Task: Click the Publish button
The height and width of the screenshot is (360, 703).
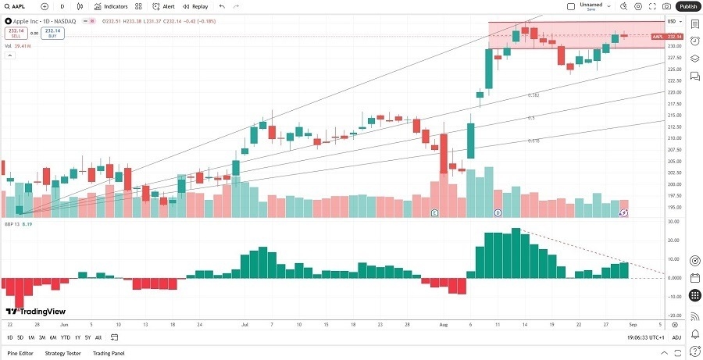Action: pos(688,6)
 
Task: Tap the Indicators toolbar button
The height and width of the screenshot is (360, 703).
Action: pos(111,6)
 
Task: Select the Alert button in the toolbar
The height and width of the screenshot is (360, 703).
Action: pos(164,6)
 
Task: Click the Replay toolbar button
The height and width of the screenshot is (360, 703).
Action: pos(196,6)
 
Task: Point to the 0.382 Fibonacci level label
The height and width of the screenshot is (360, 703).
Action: pos(533,95)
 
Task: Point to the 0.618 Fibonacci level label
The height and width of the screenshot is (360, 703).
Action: pos(533,141)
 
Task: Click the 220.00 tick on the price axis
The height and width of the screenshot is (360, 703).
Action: pos(673,92)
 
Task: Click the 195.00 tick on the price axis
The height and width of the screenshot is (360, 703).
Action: pos(673,208)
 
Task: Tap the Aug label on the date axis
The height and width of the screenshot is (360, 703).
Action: pos(444,323)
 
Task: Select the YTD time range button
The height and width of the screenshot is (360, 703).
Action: pos(65,337)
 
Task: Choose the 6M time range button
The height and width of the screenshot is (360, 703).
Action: pos(52,337)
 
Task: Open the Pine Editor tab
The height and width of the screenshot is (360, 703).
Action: pos(20,353)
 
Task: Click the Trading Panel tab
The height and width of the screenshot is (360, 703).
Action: pos(109,353)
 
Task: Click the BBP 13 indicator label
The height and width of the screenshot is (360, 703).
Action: pos(12,223)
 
